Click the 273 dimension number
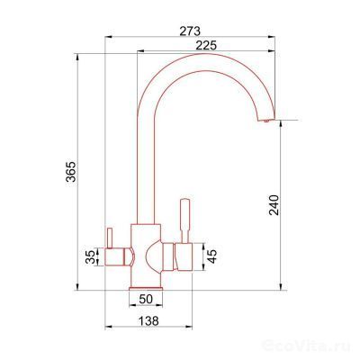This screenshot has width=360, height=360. tap(190, 31)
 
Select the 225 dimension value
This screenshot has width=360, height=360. tap(206, 46)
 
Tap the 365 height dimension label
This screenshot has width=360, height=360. tap(71, 172)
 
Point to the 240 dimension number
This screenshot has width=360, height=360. tap(274, 205)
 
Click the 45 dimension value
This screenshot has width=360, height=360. tap(211, 256)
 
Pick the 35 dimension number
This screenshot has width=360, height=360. tap(90, 256)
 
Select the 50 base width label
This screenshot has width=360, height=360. tap(146, 299)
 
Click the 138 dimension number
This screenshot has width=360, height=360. tap(148, 321)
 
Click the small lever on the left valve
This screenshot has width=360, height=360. tap(109, 238)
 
